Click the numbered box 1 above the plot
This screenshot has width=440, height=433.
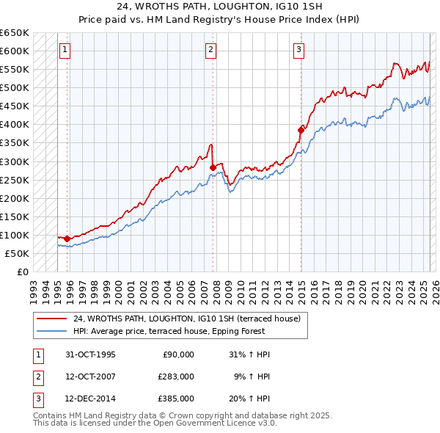tap(65, 50)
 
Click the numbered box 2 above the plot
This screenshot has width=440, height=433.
tap(210, 50)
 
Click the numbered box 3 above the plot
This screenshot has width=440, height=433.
tap(299, 50)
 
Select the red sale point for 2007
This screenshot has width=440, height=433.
tap(213, 167)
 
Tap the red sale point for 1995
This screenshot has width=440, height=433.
tap(67, 239)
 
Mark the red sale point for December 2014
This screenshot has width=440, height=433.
tap(301, 130)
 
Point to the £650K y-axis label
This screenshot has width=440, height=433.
tap(15, 33)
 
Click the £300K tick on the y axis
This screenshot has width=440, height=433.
tap(15, 161)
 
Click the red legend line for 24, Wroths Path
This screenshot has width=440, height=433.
tap(52, 319)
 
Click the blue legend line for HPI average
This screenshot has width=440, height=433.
tap(52, 331)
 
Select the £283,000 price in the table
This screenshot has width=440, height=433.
tap(176, 376)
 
